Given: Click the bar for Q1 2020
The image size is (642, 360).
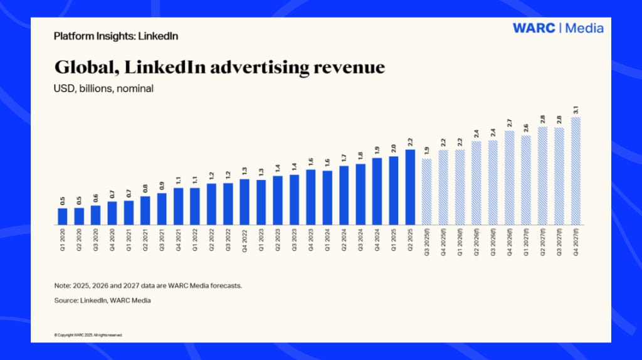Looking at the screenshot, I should [62, 216].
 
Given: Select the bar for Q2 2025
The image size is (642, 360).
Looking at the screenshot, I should [410, 187].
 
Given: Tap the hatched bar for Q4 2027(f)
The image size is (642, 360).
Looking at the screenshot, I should [576, 171].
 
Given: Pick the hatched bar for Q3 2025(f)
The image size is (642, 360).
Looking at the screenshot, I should [427, 191].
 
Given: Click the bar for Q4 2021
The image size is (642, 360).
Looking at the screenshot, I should [178, 206].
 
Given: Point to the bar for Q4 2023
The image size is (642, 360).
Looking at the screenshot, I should [310, 197].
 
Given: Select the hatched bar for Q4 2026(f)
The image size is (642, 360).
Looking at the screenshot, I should [510, 177].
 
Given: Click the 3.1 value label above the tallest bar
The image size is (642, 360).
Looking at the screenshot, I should [576, 110].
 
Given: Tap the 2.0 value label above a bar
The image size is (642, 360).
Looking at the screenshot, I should [393, 148].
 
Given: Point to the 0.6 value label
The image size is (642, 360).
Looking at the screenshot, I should [95, 198].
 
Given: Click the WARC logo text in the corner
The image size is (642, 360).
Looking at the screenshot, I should [534, 28].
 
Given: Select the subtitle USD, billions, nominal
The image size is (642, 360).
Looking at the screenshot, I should [103, 88].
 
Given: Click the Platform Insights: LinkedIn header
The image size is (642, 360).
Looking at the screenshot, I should [115, 36].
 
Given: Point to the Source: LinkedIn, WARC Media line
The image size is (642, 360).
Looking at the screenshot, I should [103, 300].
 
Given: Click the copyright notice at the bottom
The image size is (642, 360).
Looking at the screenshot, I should [88, 335].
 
